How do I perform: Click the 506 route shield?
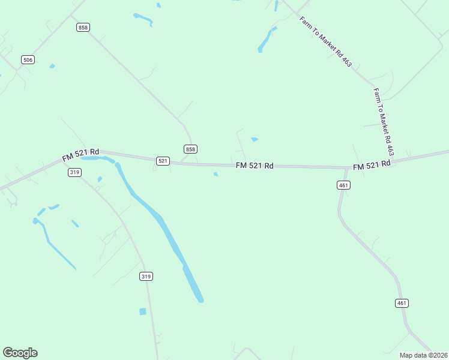point(28,59)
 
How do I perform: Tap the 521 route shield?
point(163,161)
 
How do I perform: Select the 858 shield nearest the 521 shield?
point(190,149)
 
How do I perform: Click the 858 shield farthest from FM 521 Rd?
point(83,28)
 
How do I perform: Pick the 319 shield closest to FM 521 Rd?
point(74,172)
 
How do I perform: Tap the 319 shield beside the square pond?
point(146,276)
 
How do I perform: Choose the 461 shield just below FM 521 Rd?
point(343,185)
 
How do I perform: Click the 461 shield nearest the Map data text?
point(402,303)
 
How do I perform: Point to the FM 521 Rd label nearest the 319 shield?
point(80,155)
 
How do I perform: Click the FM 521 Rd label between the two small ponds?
point(255,165)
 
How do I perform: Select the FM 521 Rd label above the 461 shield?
point(372,164)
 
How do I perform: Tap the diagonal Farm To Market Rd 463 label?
point(325,41)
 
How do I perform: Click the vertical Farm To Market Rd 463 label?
point(384,122)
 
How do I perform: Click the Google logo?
point(20,353)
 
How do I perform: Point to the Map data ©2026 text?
point(423,355)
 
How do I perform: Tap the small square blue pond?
point(143,311)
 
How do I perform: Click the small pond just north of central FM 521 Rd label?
point(255,140)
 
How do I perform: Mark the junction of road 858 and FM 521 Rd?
point(191,163)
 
